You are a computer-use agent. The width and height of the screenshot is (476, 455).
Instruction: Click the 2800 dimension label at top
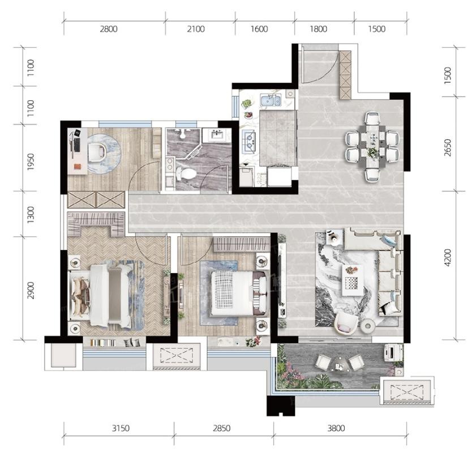[x=109, y=29]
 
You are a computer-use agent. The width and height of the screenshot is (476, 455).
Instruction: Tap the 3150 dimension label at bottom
[x=121, y=428]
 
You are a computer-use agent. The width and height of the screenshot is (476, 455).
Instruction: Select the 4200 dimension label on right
[x=448, y=258]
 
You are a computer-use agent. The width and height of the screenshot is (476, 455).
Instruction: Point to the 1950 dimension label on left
[x=31, y=161]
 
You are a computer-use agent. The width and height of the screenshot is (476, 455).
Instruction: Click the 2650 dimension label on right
[x=448, y=148]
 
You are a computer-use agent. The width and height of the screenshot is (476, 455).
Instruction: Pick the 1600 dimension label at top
[x=259, y=29]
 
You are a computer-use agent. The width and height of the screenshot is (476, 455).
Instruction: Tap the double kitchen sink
[x=271, y=100]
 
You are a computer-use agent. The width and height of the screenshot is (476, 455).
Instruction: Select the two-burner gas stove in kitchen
[x=250, y=141]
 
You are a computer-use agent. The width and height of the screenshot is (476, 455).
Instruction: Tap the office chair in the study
[x=97, y=152]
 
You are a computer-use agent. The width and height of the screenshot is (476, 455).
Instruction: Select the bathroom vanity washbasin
[x=217, y=135]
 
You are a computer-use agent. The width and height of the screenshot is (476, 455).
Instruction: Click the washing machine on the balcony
[x=394, y=352]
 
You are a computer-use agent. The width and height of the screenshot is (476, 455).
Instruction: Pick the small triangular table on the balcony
[x=340, y=364]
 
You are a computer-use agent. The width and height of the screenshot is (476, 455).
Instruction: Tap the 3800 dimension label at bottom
[x=336, y=428]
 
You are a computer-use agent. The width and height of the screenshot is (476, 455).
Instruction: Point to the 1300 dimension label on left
[x=31, y=215]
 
